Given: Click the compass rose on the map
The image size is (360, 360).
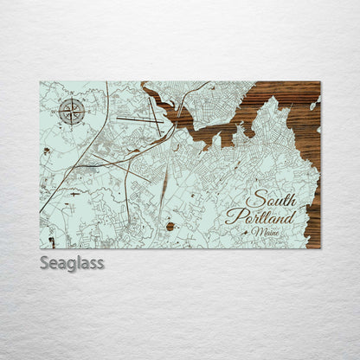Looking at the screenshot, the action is click(x=72, y=111).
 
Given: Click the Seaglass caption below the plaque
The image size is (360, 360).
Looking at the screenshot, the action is click(x=72, y=262).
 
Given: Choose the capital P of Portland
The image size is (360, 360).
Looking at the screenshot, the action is click(x=232, y=216).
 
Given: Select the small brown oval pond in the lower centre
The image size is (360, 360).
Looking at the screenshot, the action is click(x=170, y=227).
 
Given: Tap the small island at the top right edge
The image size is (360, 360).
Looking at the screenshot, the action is click(x=315, y=105).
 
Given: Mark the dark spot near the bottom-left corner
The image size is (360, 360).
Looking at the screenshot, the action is click(x=51, y=241).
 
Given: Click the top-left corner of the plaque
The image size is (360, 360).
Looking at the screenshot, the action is click(x=40, y=82).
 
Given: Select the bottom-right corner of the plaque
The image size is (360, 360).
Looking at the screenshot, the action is click(x=320, y=248).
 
